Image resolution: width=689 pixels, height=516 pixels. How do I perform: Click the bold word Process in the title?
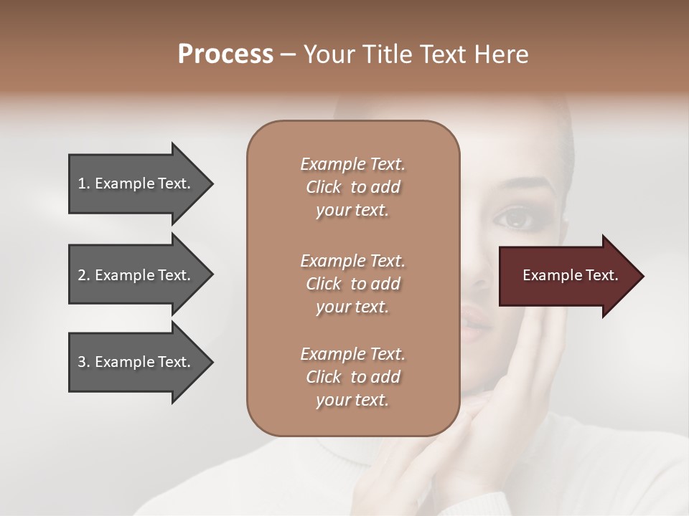pos(225,54)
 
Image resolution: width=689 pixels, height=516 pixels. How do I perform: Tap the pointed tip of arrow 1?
pos(211,183)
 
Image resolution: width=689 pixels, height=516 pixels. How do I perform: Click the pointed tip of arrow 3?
pos(211,362)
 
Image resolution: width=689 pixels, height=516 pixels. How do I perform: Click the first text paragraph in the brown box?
pos(352,187)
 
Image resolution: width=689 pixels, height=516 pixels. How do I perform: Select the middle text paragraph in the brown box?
pos(352,284)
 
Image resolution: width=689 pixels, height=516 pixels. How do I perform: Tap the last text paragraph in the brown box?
pos(352,377)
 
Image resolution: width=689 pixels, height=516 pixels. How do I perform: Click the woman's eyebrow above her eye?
pos(520,188)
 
